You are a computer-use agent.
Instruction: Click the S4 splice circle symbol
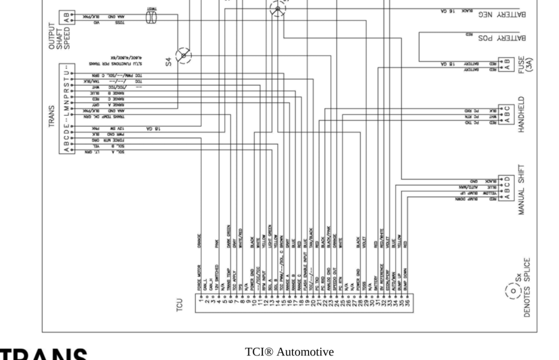click(x=183, y=56)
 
